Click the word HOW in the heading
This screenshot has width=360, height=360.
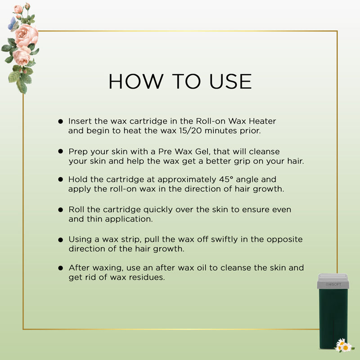pyautogui.click(x=136, y=81)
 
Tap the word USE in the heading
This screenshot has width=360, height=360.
pyautogui.click(x=230, y=81)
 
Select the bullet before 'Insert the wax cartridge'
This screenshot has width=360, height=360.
pyautogui.click(x=60, y=121)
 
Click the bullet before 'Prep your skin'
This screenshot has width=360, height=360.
pyautogui.click(x=60, y=151)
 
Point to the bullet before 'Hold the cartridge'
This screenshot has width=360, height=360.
pyautogui.click(x=60, y=179)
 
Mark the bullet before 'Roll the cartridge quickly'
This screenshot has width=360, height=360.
pyautogui.click(x=60, y=210)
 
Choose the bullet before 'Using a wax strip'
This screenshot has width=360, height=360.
pyautogui.click(x=60, y=240)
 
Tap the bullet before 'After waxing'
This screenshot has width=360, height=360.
pyautogui.click(x=60, y=268)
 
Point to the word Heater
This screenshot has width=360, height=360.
pyautogui.click(x=262, y=121)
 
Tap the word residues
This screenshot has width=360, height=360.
pyautogui.click(x=147, y=277)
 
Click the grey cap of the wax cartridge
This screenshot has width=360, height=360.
pyautogui.click(x=333, y=281)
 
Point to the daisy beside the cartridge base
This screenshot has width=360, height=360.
pyautogui.click(x=344, y=346)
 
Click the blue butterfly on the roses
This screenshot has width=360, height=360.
pyautogui.click(x=13, y=24)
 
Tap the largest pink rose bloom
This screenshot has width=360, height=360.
pyautogui.click(x=27, y=36)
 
